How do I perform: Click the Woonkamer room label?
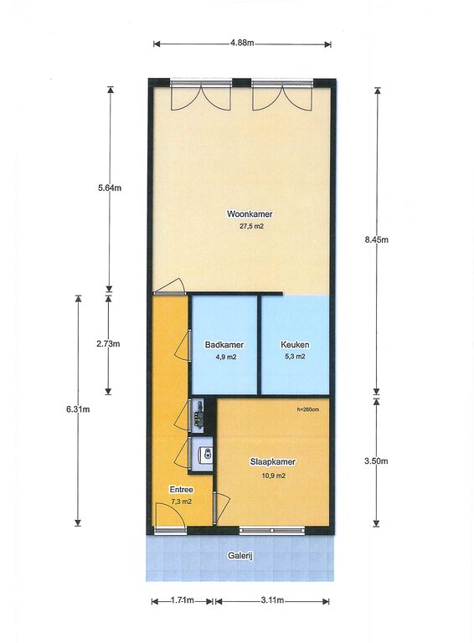pyautogui.click(x=250, y=214)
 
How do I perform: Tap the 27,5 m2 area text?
pyautogui.click(x=251, y=226)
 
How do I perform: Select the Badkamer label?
pyautogui.click(x=224, y=345)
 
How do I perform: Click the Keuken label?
pyautogui.click(x=295, y=345)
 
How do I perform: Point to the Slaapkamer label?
pyautogui.click(x=273, y=462)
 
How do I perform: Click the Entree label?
pyautogui.click(x=181, y=490)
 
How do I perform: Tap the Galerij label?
pyautogui.click(x=240, y=556)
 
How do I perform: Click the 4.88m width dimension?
pyautogui.click(x=242, y=43)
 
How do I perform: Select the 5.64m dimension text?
pyautogui.click(x=110, y=188)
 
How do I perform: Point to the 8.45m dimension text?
pyautogui.click(x=376, y=240)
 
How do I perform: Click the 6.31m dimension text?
pyautogui.click(x=78, y=409)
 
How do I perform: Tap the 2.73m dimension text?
pyautogui.click(x=108, y=344)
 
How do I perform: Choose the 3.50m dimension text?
pyautogui.click(x=376, y=461)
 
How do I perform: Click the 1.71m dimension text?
pyautogui.click(x=182, y=600)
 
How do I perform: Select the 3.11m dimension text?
pyautogui.click(x=272, y=600)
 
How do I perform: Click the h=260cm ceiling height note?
pyautogui.click(x=308, y=409)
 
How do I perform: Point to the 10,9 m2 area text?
pyautogui.click(x=274, y=476)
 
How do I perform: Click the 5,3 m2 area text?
pyautogui.click(x=295, y=357)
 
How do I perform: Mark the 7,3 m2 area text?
pyautogui.click(x=181, y=502)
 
